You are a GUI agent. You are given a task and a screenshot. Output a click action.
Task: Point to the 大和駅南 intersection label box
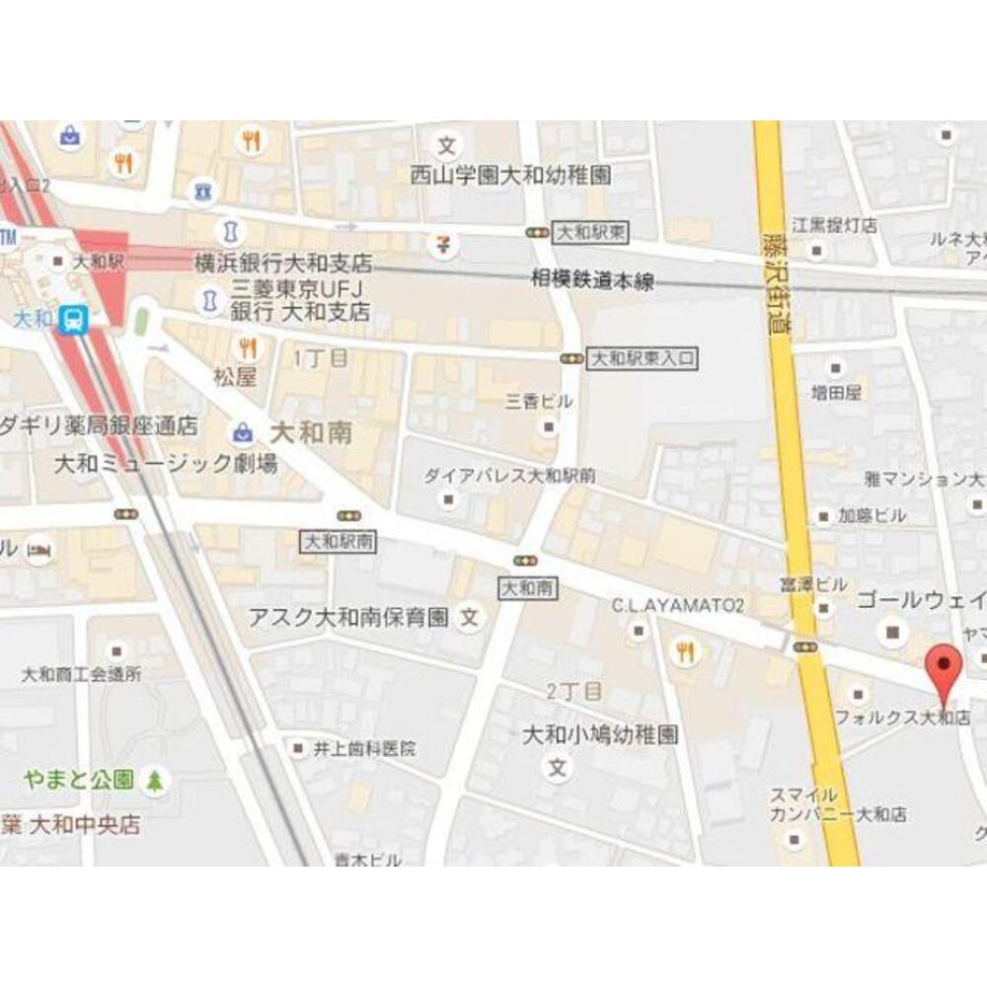339,541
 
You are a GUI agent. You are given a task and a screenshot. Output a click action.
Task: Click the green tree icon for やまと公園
155,781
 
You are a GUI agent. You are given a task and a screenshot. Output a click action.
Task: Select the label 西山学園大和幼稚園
511,176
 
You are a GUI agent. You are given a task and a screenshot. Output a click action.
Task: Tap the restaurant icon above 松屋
247,347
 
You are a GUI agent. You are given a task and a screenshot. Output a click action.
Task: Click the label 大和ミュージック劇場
166,463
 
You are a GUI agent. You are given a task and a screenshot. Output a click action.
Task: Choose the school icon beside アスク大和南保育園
471,619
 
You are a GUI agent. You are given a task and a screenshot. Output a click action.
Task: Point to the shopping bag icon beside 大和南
242,431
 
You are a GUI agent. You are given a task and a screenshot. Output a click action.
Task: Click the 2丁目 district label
574,690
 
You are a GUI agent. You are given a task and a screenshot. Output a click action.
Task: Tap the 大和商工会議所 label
82,675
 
